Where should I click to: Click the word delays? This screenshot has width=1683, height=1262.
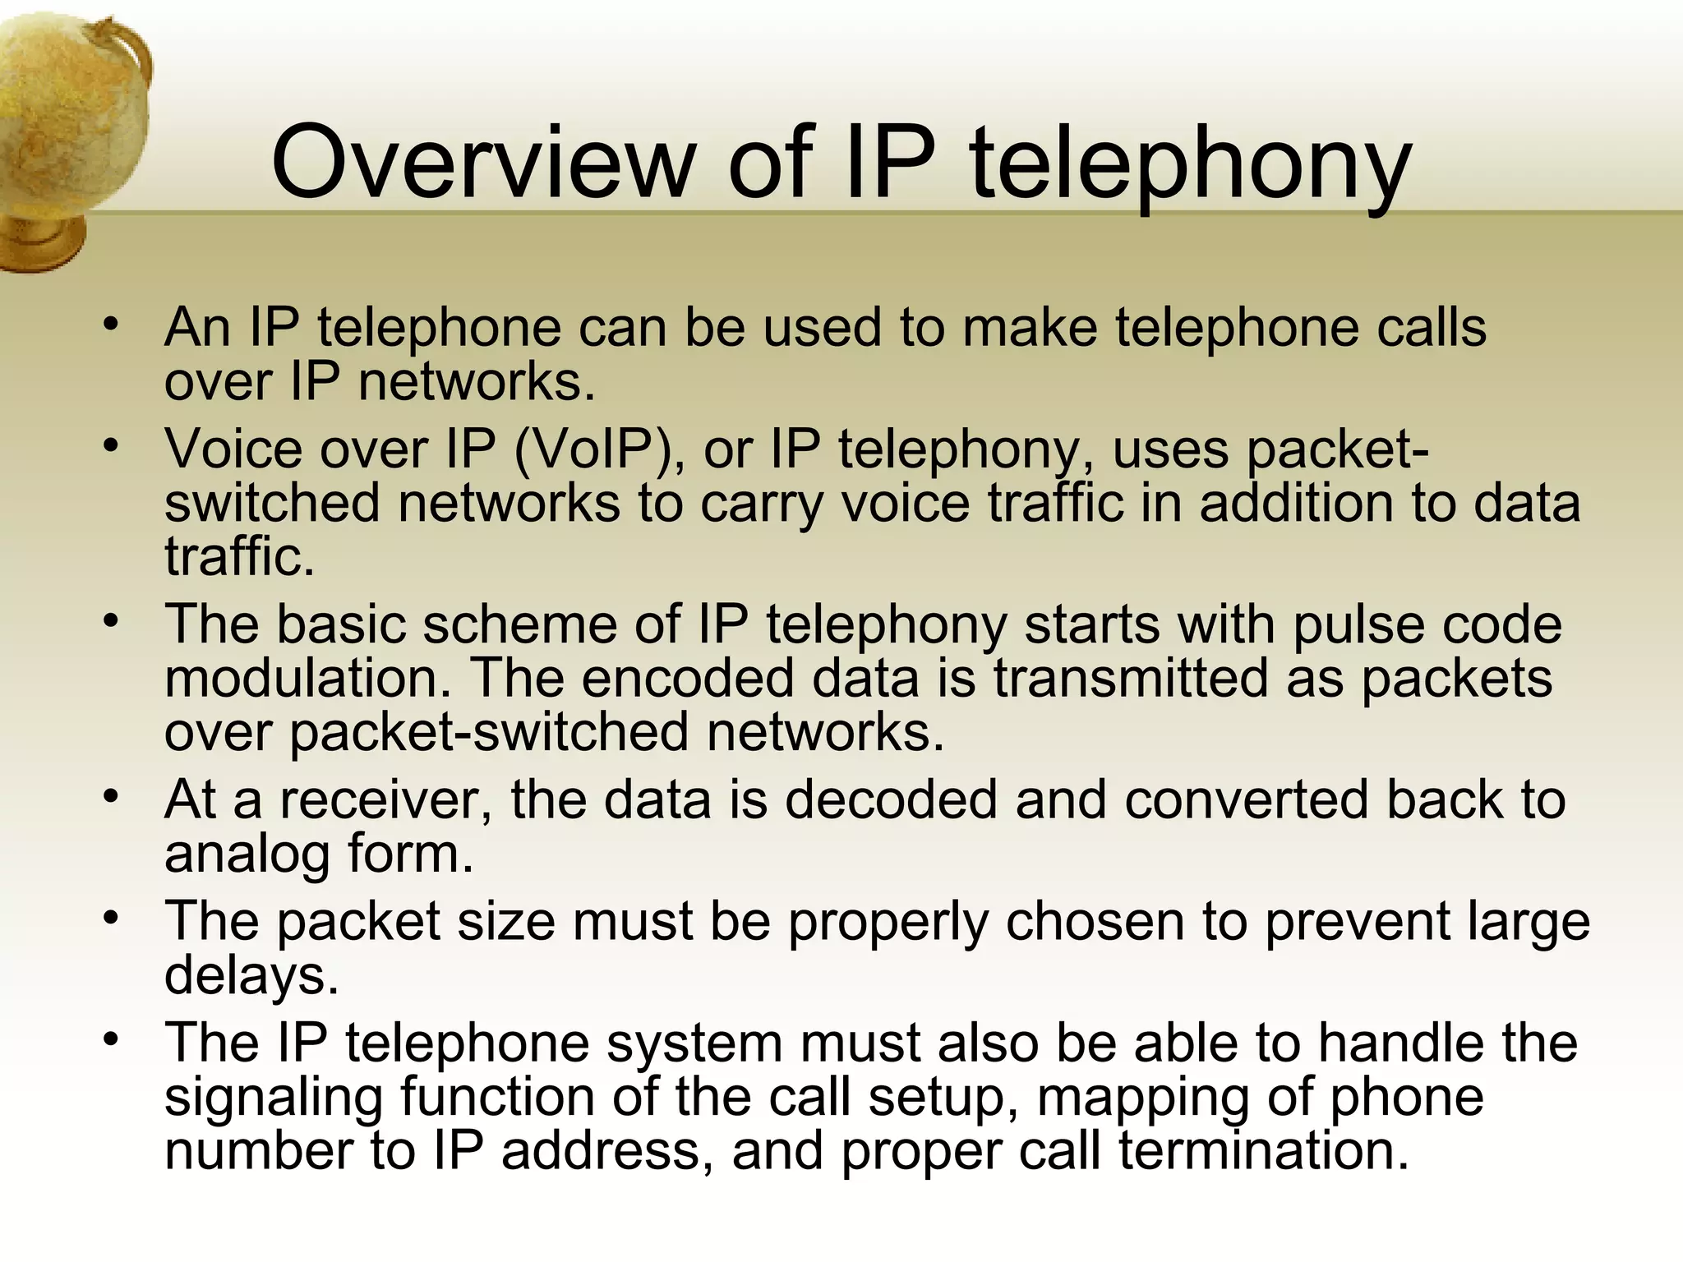pos(251,976)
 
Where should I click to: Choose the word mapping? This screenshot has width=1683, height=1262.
pos(1142,1098)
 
